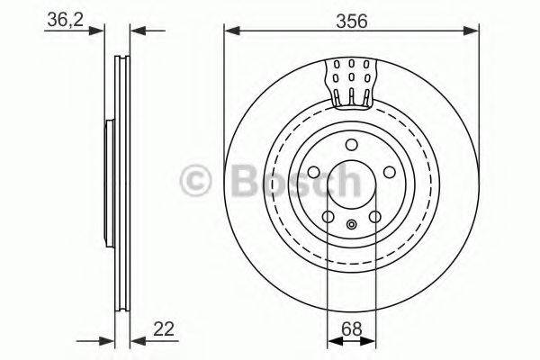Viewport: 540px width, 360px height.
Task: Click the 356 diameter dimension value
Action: coord(351,20)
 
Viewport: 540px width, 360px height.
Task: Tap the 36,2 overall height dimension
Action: coord(59,20)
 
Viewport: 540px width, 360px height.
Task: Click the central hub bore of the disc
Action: coord(351,182)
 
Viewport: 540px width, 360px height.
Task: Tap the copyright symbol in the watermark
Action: coord(197,181)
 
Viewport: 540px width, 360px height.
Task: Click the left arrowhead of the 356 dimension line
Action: coord(231,32)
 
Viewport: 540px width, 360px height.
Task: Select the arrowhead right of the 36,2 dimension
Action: coord(137,32)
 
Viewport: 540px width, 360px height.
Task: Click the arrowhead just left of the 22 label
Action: coord(137,339)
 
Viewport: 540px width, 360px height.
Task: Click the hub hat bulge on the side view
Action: coord(110,180)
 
